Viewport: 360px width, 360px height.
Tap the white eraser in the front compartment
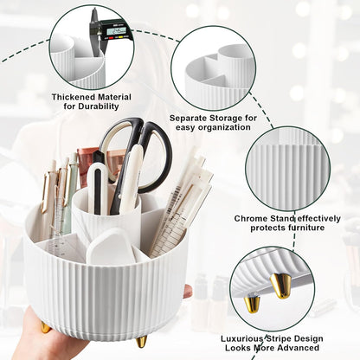point(110,245)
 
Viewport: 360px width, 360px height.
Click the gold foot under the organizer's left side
point(45,326)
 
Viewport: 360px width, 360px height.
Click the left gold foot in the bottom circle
point(251,302)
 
